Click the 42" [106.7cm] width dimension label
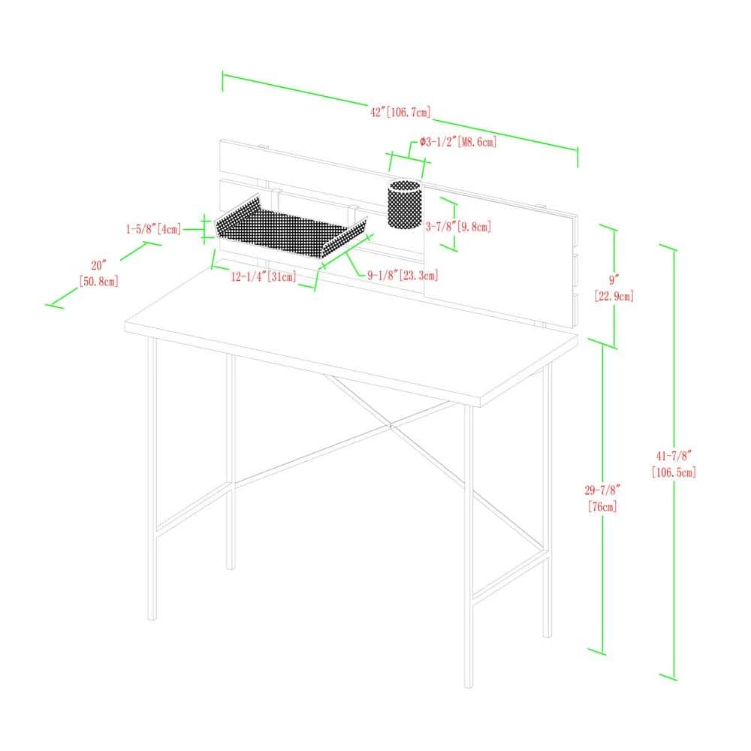(x=400, y=112)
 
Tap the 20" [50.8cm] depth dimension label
(x=98, y=273)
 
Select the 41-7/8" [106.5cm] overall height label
(x=674, y=463)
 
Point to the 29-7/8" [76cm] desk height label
(x=602, y=498)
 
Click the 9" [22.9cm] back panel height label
(x=614, y=288)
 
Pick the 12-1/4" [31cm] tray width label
(x=264, y=276)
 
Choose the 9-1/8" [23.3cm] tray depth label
(x=403, y=276)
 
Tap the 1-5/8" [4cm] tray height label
(x=154, y=229)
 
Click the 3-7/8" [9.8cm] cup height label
(x=458, y=227)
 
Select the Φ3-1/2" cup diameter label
(x=458, y=142)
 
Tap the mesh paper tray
(x=290, y=227)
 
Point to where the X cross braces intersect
(x=391, y=425)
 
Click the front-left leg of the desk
(x=152, y=479)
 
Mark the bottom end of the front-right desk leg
(x=469, y=686)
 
